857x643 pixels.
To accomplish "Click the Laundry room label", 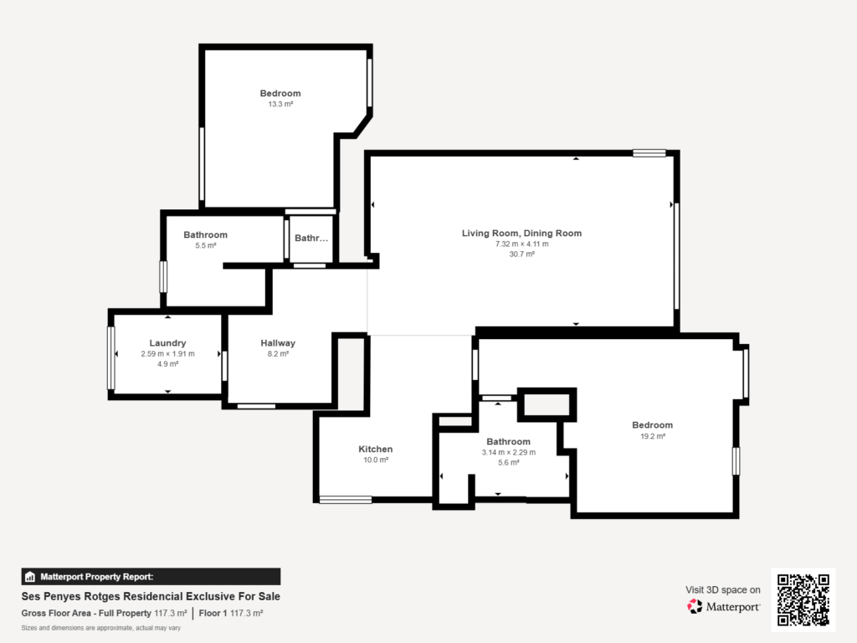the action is (167, 342).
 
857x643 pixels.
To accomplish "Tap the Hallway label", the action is (278, 342).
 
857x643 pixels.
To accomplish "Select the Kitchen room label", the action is (376, 449).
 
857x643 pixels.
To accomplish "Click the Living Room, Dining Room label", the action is (522, 233).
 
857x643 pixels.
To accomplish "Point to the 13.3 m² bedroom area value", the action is (280, 104).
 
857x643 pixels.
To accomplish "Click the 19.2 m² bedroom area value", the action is (653, 436).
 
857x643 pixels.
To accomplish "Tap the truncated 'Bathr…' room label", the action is (311, 238).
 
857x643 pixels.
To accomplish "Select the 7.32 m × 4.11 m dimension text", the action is (522, 244).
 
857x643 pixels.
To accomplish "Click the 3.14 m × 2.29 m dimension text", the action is (509, 452).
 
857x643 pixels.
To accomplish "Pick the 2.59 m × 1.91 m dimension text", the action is (167, 354).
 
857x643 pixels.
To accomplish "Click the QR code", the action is (803, 599).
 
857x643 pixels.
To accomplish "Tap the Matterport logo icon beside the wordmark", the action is (695, 606).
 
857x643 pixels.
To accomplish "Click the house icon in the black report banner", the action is (30, 577).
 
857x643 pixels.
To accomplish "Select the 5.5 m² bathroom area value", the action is (206, 245).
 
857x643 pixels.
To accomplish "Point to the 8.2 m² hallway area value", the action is (278, 354).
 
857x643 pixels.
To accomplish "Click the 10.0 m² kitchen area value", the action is (376, 460).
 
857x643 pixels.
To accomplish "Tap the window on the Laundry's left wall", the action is (111, 358).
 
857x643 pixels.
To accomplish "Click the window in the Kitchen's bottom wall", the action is (346, 499).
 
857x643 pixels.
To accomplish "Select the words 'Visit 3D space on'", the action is (722, 590).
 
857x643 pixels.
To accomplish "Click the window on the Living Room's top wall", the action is (649, 153).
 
